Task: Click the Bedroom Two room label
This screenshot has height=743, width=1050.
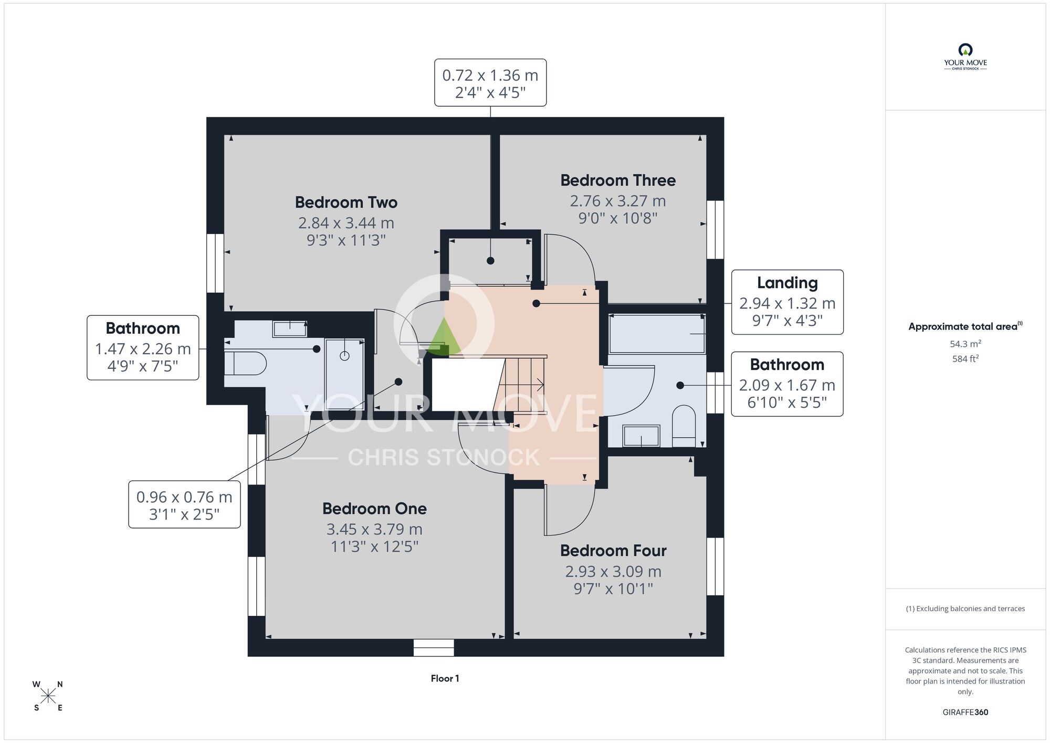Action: point(346,202)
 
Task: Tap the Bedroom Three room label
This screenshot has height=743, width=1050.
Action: point(618,180)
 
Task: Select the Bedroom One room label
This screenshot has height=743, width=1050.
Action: point(374,509)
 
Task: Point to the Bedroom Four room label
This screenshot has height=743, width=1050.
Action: point(613,551)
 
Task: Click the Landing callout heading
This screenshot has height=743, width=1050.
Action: point(787,283)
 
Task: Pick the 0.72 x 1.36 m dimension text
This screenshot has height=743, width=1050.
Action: point(490,75)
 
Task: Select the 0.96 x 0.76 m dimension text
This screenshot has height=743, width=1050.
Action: point(184,497)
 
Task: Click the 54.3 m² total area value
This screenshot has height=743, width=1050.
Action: point(965,344)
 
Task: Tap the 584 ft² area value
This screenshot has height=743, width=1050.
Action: point(965,359)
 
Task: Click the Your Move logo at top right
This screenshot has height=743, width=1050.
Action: point(965,57)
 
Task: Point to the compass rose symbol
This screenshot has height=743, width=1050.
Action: point(48,696)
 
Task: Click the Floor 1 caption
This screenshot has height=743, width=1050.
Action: point(445,678)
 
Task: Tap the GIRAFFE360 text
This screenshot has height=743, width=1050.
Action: point(965,713)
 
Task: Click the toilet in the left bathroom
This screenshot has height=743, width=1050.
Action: point(245,363)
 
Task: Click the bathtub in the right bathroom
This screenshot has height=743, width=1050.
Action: point(657,334)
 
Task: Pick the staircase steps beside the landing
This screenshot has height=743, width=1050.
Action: point(520,385)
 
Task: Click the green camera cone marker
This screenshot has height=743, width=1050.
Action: point(445,337)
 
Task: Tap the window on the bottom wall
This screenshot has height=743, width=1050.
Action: point(434,648)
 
